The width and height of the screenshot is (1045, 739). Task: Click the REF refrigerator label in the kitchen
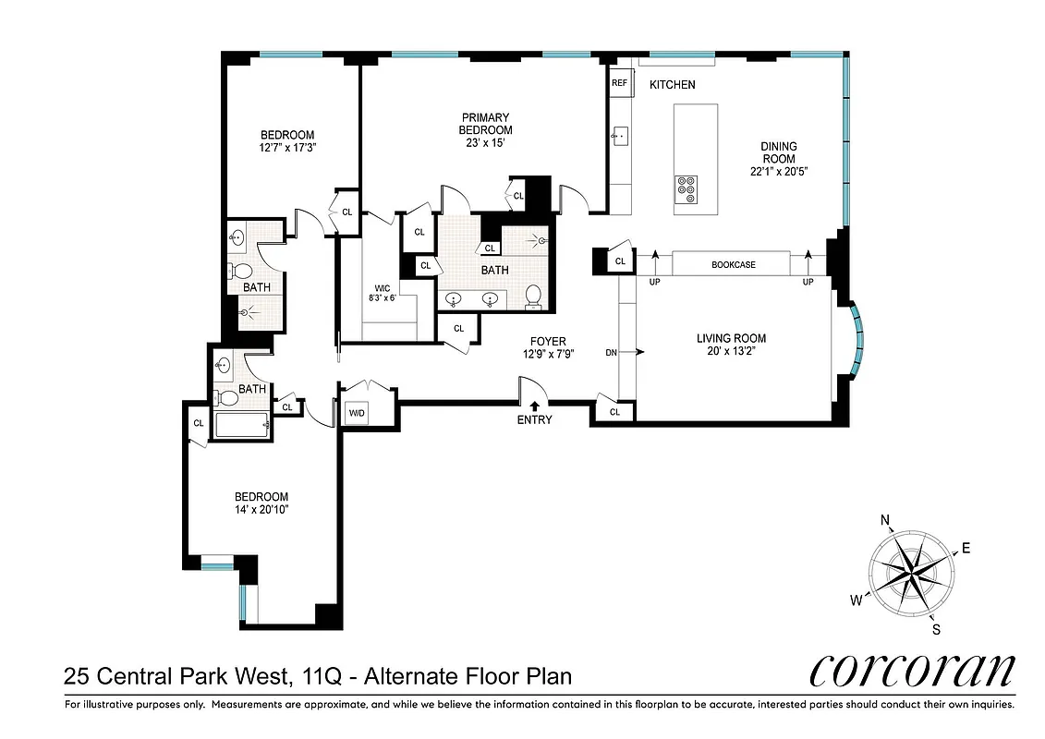pos(619,83)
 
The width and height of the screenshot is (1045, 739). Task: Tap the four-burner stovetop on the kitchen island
pos(686,188)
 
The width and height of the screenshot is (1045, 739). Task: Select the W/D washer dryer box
pos(356,413)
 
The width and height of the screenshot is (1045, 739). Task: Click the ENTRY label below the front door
pos(534,419)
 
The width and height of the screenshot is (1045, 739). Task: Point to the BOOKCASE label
pos(734,265)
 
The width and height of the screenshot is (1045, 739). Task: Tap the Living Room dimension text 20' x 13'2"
pos(731,352)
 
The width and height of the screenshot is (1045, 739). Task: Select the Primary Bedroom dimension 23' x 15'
pos(485,143)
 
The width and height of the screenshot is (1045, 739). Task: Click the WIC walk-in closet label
pos(383,288)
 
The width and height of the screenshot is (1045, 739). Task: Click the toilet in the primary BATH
pos(533,296)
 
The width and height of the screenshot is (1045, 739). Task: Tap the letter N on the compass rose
pos(884,521)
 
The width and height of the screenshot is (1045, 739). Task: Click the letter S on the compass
pos(936,630)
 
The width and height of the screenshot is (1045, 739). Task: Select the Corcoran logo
pos(912,672)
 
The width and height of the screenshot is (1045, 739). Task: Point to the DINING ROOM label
pos(778,146)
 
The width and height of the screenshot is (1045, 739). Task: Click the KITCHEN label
pos(672,85)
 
